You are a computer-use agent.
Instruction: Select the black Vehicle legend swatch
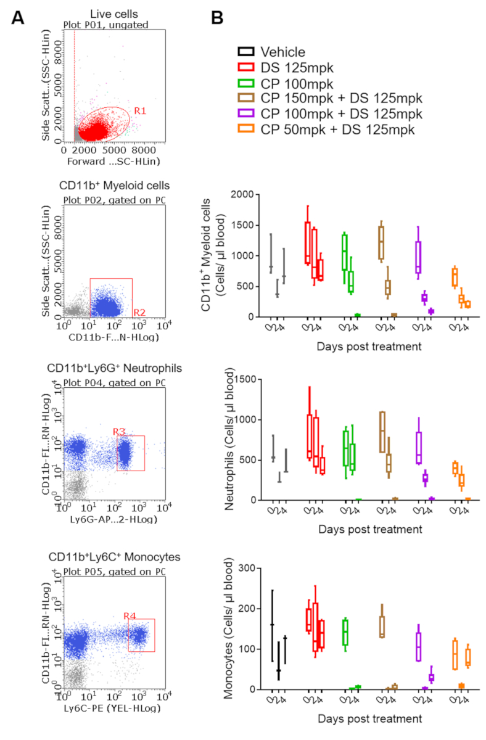click(247, 52)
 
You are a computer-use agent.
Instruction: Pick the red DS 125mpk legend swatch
click(247, 68)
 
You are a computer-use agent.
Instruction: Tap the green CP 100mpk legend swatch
click(247, 83)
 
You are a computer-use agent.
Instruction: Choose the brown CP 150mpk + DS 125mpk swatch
click(247, 99)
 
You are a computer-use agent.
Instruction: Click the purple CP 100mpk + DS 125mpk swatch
click(247, 114)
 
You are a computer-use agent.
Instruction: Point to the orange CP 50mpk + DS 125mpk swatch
click(247, 129)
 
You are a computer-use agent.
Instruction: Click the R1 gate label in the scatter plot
click(141, 111)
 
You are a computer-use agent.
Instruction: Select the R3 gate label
click(119, 431)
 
